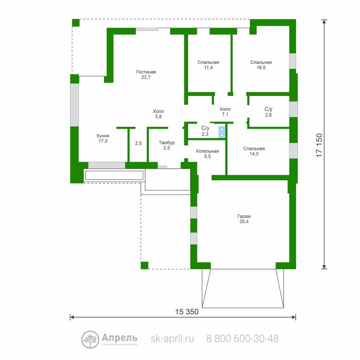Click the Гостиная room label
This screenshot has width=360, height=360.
(x=146, y=72)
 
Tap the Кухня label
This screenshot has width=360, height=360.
(x=103, y=136)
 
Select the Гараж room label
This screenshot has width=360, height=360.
(x=244, y=216)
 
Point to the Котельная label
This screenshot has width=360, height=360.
(x=207, y=151)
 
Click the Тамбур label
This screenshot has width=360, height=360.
(x=167, y=143)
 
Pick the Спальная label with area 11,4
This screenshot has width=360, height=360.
(x=208, y=62)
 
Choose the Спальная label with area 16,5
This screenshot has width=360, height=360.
(x=261, y=62)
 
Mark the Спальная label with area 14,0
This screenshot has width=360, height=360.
(x=254, y=148)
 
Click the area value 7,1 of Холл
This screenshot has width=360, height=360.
(x=225, y=114)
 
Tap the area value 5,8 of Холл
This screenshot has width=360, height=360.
(x=158, y=117)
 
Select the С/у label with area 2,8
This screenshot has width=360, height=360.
(x=268, y=109)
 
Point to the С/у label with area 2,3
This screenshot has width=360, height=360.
(x=205, y=128)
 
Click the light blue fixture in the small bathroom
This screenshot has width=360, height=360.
(x=222, y=132)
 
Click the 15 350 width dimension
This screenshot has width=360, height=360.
(x=187, y=312)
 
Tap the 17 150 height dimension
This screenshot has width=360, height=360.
(x=319, y=145)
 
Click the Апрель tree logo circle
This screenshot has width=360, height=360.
(x=90, y=340)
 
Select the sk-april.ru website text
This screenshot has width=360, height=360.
(x=172, y=339)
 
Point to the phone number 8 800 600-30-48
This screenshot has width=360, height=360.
(x=242, y=339)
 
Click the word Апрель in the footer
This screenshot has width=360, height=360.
(x=119, y=338)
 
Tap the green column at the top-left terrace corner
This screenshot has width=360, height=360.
(x=76, y=23)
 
